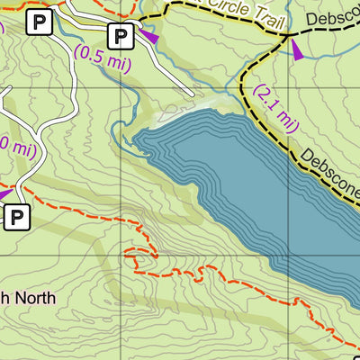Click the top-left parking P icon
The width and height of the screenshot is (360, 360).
coord(38,22)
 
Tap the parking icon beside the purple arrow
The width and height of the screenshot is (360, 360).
coord(121,36)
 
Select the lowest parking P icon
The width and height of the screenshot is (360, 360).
coord(17,216)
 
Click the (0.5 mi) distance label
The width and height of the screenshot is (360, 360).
coord(102,55)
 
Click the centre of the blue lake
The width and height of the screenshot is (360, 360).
coord(261,189)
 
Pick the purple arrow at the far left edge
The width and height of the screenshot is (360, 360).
coord(4,192)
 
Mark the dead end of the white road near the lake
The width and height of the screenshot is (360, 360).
coord(192,93)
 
